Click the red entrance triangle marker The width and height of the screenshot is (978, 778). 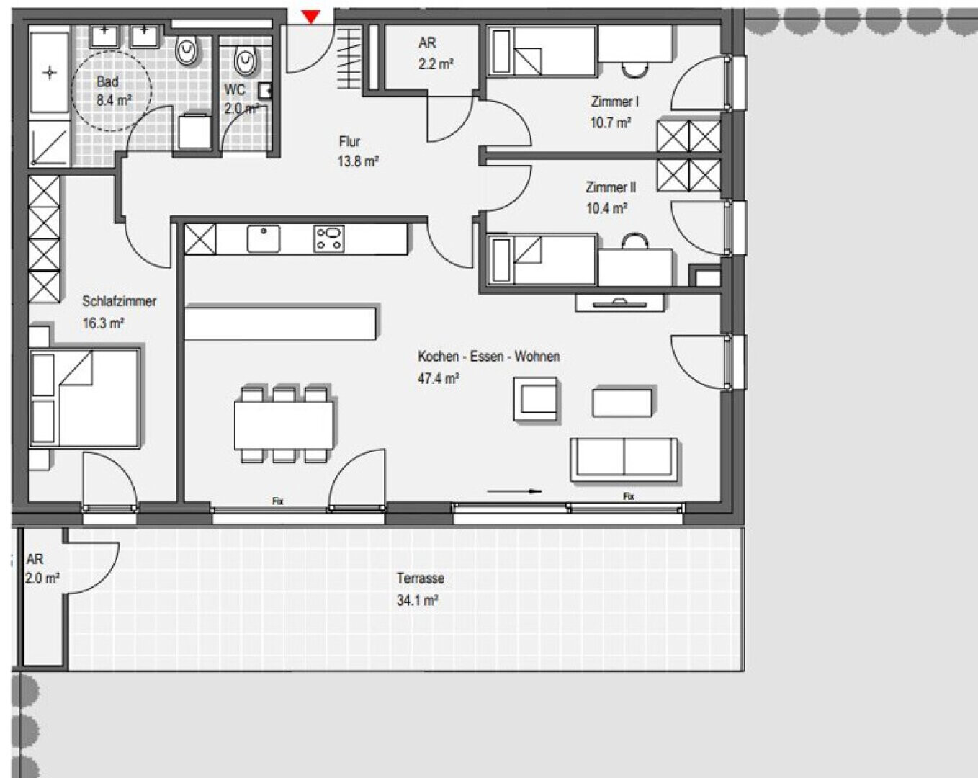tap(311, 17)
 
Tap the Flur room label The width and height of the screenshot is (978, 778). tap(349, 141)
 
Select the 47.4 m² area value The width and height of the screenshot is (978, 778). tap(438, 378)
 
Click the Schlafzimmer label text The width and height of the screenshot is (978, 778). tap(119, 301)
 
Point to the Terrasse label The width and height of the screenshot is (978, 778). tap(421, 578)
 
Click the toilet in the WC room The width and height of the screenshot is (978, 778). tap(246, 62)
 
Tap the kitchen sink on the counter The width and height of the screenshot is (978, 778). tap(264, 238)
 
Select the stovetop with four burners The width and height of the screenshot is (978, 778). tap(329, 238)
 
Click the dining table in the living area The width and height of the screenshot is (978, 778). tap(284, 426)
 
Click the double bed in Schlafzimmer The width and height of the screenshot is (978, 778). tap(84, 398)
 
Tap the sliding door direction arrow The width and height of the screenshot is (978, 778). tap(514, 491)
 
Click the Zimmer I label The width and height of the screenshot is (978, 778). tap(614, 102)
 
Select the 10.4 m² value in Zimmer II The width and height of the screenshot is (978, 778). tap(606, 208)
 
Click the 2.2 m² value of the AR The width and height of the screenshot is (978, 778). tap(436, 64)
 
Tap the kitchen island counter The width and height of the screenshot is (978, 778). tap(280, 323)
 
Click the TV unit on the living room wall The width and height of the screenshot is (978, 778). tap(619, 303)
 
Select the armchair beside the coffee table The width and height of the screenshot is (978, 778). tap(536, 399)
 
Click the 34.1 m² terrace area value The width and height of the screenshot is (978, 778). tap(417, 600)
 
